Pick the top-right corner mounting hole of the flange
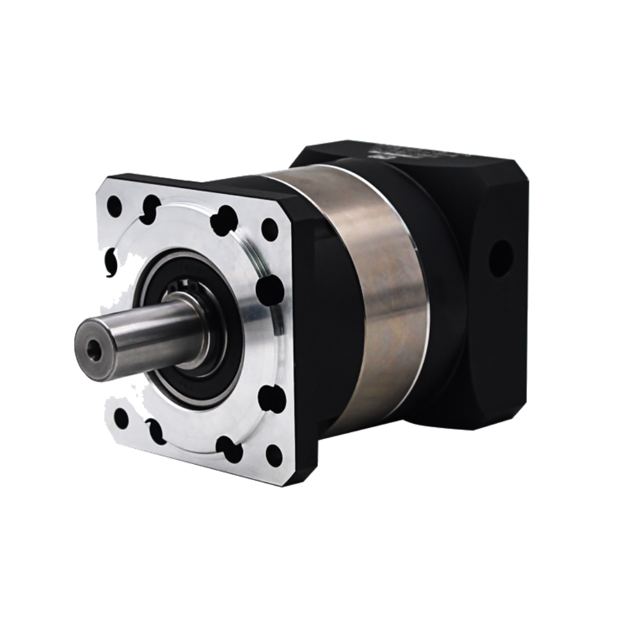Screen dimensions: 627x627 (269, 230)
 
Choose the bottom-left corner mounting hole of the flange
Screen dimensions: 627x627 (121, 418)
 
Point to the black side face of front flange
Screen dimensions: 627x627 (306, 343)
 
